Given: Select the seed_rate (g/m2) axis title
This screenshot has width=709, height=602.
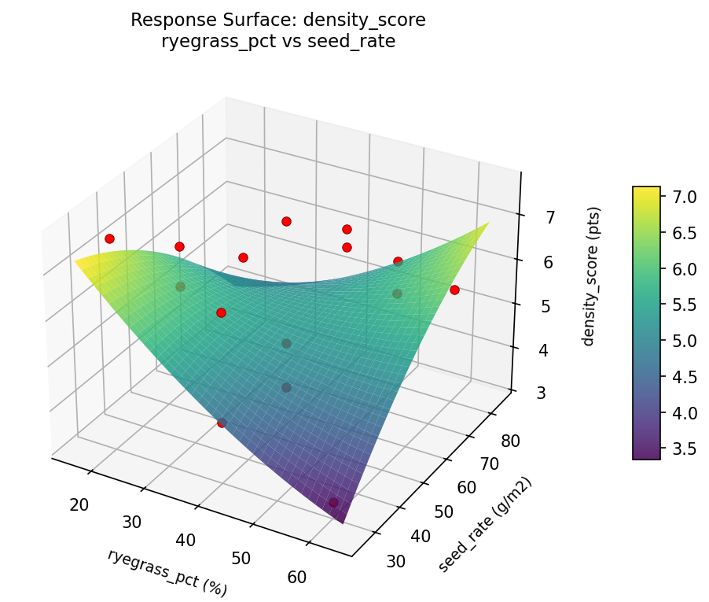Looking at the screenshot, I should point(485,525).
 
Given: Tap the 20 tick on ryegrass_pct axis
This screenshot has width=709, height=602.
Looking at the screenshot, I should point(79,504).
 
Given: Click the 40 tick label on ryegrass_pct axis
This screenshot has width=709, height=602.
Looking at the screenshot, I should point(186,540).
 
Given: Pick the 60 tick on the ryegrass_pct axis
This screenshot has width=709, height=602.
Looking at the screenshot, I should point(296,577).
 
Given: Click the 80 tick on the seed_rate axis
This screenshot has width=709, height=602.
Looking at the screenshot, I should point(509,441).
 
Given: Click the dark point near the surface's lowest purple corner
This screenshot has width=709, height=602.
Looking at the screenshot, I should point(333,502).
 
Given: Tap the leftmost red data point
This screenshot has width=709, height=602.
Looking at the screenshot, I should point(109,238).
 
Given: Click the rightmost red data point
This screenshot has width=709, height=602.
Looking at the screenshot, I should point(454,290).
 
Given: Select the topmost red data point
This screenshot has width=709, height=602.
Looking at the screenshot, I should point(286,221).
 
